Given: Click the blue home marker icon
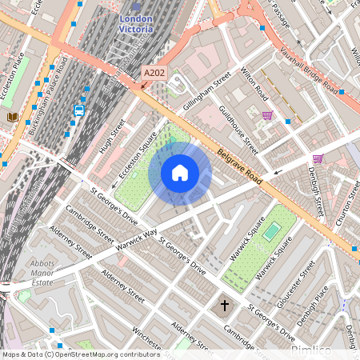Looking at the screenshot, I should coord(180,172).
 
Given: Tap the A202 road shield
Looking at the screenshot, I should coord(154,74).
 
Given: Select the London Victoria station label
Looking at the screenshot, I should coord(134,23).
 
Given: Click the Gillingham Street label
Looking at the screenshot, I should coord(206,90).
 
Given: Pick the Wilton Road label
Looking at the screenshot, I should coord(255,87).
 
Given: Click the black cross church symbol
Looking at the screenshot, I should coord(225,305).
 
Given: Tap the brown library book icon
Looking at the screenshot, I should coord(13,118).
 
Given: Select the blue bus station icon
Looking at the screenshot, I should coord(78,111).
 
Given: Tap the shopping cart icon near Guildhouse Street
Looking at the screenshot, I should coord(266,115).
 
